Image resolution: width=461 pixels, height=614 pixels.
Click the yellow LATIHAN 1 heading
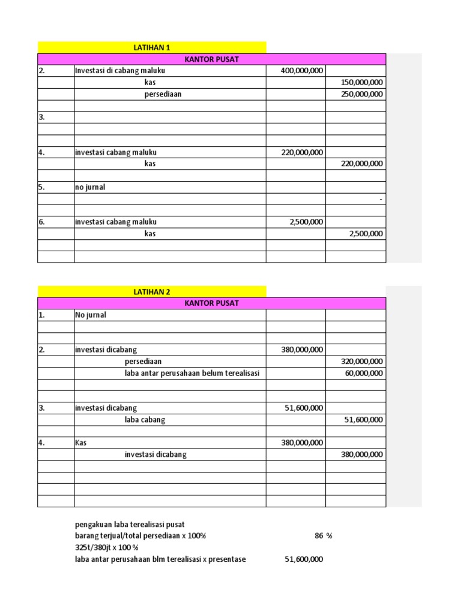(151, 47)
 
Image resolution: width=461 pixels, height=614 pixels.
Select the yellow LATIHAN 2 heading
(151, 292)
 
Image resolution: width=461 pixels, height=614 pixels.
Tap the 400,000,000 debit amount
(302, 71)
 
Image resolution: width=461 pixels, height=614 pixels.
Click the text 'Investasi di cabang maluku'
(119, 71)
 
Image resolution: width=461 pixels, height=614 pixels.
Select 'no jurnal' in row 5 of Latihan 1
(90, 187)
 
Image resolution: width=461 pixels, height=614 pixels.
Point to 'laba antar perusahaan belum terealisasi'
(191, 373)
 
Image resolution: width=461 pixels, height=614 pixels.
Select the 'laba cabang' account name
(145, 420)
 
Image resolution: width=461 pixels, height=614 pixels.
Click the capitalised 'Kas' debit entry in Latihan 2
(81, 443)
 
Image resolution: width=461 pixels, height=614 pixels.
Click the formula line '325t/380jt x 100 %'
(106, 548)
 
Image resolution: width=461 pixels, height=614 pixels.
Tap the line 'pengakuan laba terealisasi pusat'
(130, 525)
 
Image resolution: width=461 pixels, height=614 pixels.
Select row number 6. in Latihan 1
(42, 222)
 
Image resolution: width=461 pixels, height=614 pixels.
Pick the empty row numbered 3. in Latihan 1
(42, 118)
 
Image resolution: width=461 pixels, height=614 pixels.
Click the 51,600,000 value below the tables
(303, 559)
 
